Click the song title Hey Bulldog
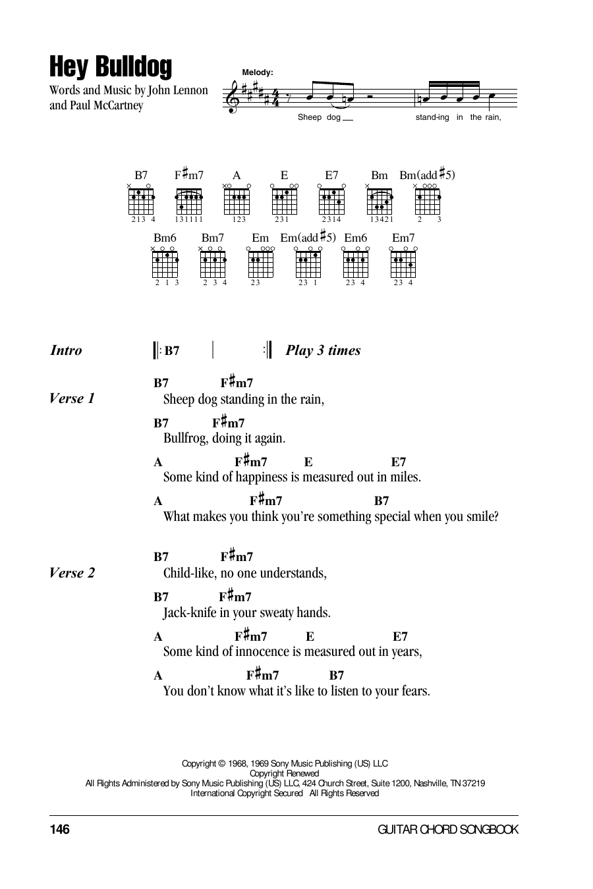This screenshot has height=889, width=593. pos(111,67)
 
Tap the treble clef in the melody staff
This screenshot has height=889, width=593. pos(231,96)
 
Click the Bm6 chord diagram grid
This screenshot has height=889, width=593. pos(165,265)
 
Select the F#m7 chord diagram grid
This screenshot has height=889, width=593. pos(188,202)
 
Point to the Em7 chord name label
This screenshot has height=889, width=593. pos(403,238)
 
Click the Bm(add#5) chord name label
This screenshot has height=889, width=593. pos(427,175)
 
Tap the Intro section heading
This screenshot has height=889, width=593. pos(66,350)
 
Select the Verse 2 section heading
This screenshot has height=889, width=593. pos(72,573)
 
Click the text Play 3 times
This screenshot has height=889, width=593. pos(323,350)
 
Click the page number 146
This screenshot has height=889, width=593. pos(59,829)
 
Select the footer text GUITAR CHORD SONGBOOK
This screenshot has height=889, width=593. pos(448,830)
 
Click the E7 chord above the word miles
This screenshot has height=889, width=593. pos(399,462)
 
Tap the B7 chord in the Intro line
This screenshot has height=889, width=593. pos(171,350)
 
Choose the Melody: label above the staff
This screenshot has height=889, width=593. pos(258,72)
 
